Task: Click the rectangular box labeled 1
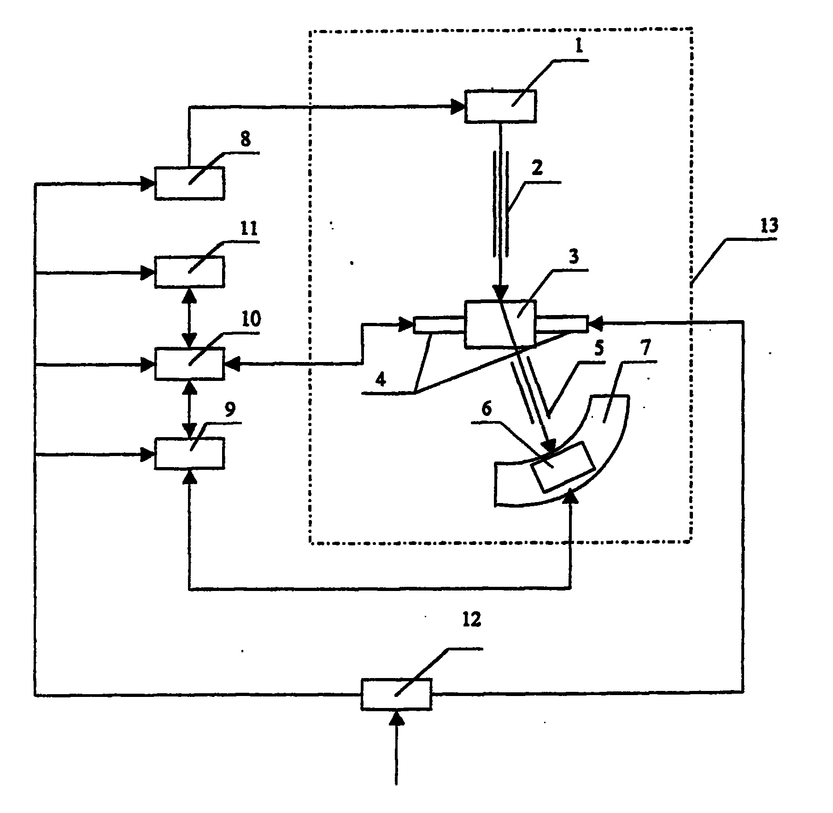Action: coord(500,106)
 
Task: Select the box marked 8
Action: coord(189,183)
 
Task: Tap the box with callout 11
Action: coord(189,272)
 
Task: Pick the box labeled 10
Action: coord(189,363)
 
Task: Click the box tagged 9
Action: coord(189,453)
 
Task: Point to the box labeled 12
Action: coord(396,694)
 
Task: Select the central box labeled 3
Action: coord(500,323)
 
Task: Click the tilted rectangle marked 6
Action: coord(562,467)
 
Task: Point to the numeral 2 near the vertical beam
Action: coord(537,169)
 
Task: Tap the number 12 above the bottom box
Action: coord(471,620)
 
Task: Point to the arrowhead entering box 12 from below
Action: coord(396,717)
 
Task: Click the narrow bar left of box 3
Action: coord(439,324)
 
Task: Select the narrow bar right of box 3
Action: coord(561,323)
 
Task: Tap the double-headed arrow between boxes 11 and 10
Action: coord(189,318)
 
